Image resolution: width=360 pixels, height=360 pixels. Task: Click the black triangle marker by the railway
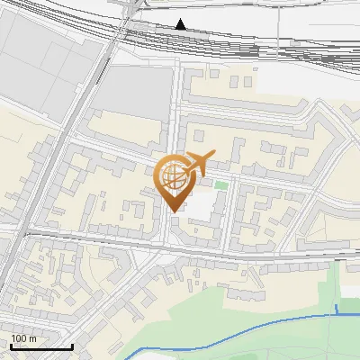(x=181, y=24)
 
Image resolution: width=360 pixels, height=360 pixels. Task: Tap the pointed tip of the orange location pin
(x=175, y=211)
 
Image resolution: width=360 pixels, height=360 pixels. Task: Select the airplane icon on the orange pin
(x=196, y=164)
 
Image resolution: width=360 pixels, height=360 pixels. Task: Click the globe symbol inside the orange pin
(x=173, y=175)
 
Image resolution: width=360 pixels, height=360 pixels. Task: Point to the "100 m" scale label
(x=23, y=338)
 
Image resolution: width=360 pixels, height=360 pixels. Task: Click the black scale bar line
(x=41, y=346)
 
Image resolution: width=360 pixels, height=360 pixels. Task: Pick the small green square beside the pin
(x=220, y=184)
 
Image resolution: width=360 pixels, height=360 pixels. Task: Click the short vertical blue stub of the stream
(x=337, y=310)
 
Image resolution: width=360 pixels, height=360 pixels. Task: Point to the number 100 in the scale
(x=19, y=338)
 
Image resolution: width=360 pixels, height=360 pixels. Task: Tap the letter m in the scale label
(x=32, y=339)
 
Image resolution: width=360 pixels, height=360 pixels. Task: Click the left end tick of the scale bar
(x=12, y=345)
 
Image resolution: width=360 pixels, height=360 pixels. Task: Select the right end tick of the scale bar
(x=72, y=345)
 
